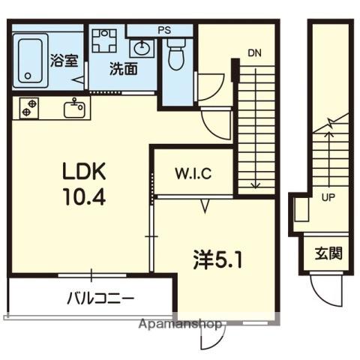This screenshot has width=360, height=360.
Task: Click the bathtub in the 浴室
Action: (30, 61)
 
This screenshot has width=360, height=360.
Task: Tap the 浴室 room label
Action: (64, 60)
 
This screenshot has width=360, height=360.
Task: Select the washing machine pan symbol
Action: (104, 40)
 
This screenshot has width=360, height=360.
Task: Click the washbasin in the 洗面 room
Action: (142, 48)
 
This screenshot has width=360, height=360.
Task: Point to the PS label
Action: (164, 30)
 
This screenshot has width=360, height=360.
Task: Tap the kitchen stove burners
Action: (29, 108)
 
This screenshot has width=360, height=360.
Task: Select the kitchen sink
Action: (74, 109)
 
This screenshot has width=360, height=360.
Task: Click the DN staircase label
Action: (254, 53)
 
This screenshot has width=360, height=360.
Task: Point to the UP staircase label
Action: (328, 198)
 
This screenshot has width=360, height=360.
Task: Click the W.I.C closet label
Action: (193, 174)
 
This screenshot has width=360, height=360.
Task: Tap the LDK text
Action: (84, 171)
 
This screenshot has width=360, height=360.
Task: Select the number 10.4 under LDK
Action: (85, 196)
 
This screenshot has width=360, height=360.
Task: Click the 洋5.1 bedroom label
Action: (217, 260)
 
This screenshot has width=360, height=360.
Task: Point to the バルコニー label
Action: (100, 298)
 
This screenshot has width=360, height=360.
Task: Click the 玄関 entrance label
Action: (328, 253)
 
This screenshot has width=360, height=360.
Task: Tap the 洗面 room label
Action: (124, 68)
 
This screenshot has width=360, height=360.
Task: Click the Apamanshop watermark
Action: (180, 324)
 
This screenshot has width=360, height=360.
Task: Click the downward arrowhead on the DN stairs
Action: (256, 185)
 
